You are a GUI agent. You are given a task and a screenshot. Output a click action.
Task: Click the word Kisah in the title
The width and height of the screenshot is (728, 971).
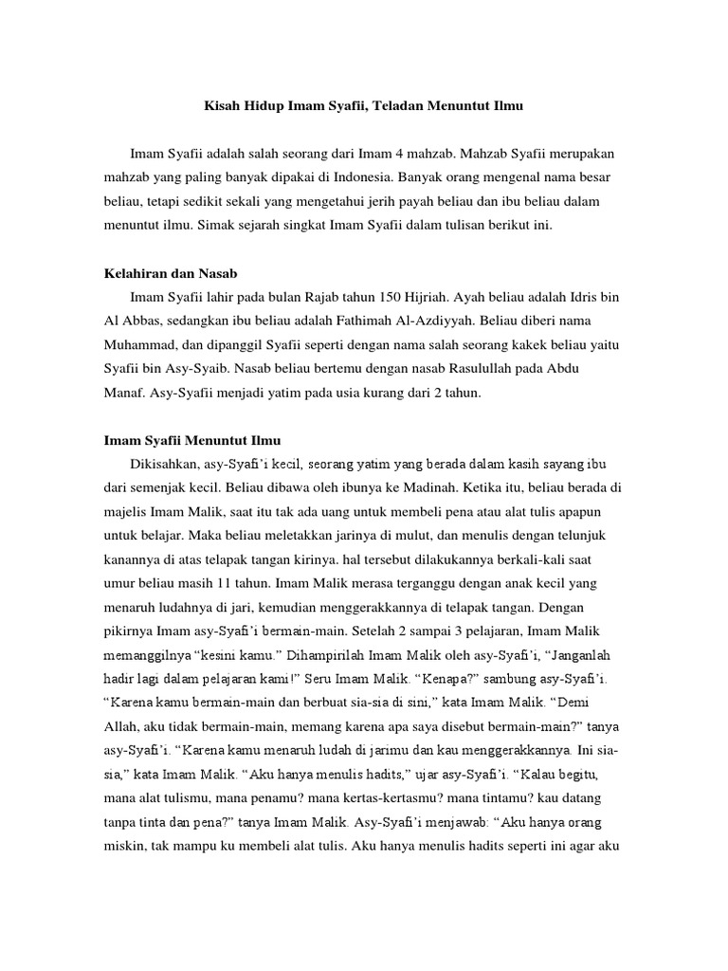tap(225, 108)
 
